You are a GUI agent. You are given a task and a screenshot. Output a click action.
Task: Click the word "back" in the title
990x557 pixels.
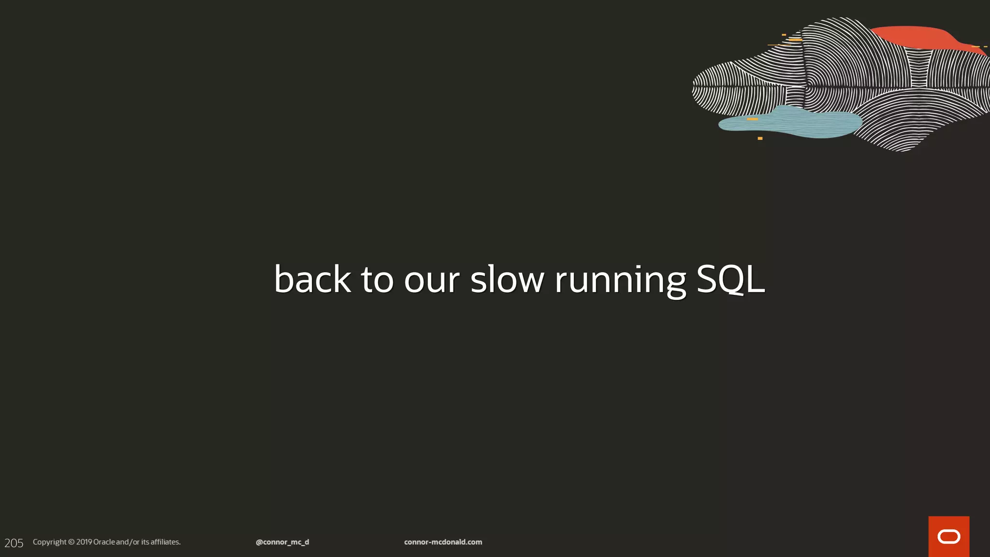(312, 279)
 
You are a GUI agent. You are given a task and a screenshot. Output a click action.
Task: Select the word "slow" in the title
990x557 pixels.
(507, 279)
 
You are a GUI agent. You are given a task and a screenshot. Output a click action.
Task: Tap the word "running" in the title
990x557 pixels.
(620, 280)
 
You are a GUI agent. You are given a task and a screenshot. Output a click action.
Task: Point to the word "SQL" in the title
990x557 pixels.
(730, 279)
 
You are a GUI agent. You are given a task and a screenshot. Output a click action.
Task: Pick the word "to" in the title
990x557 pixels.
(377, 280)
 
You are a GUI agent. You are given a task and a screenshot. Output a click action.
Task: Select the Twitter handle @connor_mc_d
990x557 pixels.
(282, 542)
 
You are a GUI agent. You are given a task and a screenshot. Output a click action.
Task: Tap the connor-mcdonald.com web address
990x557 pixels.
(443, 542)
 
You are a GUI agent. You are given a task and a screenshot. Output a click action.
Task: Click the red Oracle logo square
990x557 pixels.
(948, 536)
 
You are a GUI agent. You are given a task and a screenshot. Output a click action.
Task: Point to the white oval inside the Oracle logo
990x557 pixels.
(948, 537)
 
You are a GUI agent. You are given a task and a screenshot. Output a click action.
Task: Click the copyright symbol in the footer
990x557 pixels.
(72, 542)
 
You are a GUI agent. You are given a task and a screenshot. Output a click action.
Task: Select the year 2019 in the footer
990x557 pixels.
(84, 542)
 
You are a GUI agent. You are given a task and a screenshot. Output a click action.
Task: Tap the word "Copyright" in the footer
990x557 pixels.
(49, 542)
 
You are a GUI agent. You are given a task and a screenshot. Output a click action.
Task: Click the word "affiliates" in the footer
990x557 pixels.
(165, 542)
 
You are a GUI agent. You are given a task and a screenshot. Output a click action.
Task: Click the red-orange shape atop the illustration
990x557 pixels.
(914, 37)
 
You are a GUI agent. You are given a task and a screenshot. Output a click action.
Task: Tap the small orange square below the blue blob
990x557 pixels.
(760, 138)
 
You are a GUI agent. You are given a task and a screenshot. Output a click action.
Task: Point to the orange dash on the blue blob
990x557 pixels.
(752, 119)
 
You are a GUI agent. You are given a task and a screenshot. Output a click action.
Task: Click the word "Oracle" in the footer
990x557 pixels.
(104, 542)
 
